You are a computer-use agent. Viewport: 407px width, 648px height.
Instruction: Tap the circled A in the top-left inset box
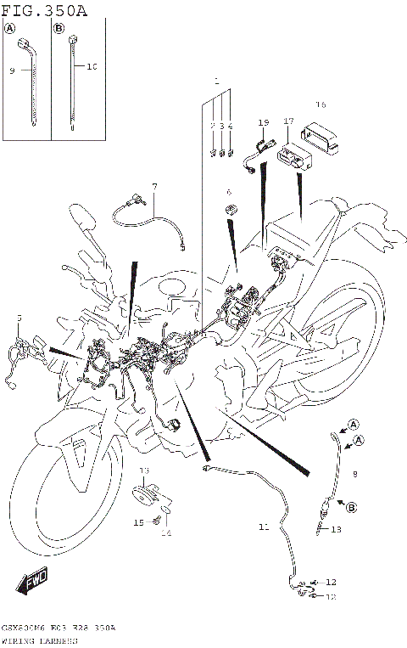pyautogui.click(x=10, y=29)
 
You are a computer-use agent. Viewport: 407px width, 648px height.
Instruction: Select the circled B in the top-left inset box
pyautogui.click(x=59, y=29)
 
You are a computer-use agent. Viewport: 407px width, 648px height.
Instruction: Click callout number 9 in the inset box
pyautogui.click(x=12, y=71)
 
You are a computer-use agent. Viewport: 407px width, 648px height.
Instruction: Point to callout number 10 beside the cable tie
pyautogui.click(x=92, y=65)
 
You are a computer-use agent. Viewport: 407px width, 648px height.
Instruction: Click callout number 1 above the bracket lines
pyautogui.click(x=217, y=84)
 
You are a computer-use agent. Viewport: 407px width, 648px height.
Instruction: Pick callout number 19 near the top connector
pyautogui.click(x=263, y=122)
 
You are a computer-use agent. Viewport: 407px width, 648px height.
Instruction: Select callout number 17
pyautogui.click(x=288, y=122)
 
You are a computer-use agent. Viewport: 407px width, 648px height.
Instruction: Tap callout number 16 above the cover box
pyautogui.click(x=321, y=104)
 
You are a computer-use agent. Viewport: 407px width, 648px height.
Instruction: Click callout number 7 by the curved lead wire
pyautogui.click(x=154, y=186)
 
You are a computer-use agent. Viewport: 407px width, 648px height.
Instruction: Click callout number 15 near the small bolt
pyautogui.click(x=138, y=522)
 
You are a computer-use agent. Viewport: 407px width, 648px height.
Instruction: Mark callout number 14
pyautogui.click(x=166, y=533)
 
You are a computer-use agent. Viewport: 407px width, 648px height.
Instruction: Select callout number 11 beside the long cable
pyautogui.click(x=264, y=527)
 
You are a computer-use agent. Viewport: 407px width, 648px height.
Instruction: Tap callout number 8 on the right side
pyautogui.click(x=354, y=473)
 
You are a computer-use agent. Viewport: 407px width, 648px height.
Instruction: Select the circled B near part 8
pyautogui.click(x=350, y=507)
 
